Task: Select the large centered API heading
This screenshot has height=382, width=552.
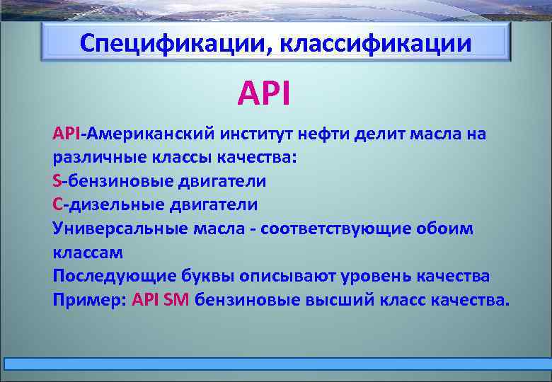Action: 263,93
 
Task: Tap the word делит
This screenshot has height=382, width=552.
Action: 382,134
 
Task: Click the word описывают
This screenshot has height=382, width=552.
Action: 283,276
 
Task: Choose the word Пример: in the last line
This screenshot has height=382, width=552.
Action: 89,299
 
